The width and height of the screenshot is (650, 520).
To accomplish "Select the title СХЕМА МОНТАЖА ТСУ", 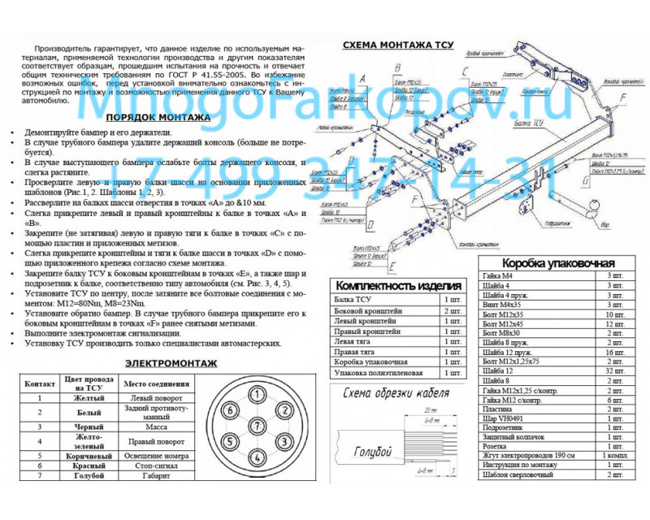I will tap(397, 45).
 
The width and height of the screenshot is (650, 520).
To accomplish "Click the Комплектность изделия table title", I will tap(397, 286).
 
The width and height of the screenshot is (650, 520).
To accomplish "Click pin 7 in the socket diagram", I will tap(257, 426).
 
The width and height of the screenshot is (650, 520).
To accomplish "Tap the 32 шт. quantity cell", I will tap(614, 371).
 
